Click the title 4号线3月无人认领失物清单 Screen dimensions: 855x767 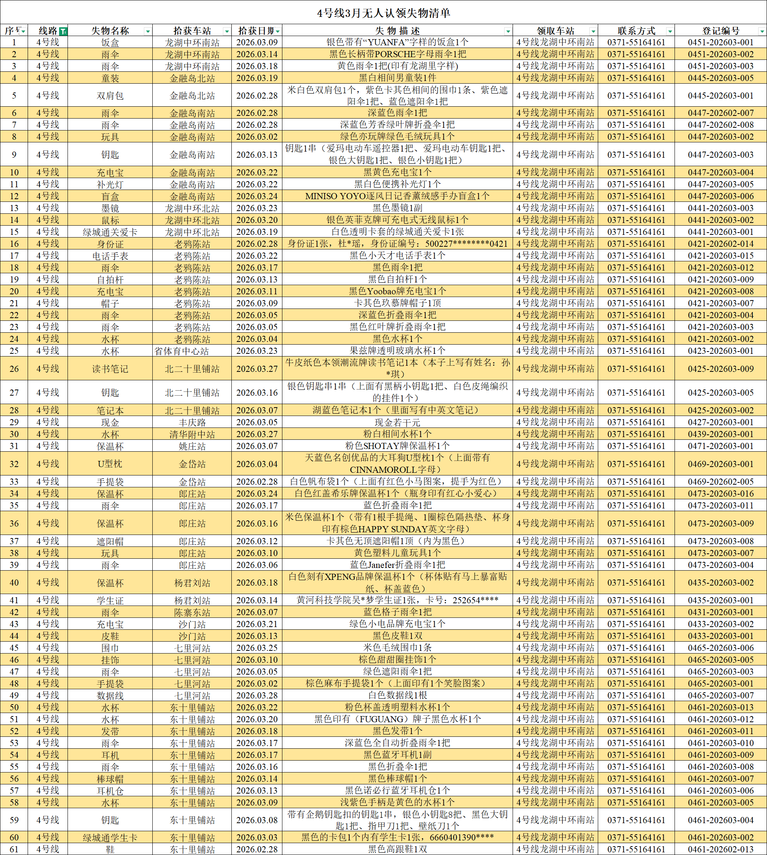384,13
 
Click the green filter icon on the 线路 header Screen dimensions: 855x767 63,31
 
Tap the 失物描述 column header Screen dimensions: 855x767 397,31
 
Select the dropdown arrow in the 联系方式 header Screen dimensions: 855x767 669,31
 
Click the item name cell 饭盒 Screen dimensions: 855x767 110,43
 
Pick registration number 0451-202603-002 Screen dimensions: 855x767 721,54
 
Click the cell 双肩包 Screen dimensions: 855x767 110,96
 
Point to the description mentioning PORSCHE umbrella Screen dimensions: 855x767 397,54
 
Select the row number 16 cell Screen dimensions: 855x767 14,244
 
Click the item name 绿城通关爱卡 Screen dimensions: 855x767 110,232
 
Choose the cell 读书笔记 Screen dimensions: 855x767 110,369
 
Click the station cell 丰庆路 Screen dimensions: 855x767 192,422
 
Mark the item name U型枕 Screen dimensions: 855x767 110,464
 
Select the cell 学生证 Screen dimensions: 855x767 110,601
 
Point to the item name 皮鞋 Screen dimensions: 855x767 110,636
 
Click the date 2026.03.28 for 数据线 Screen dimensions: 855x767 257,696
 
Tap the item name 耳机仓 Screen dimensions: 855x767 110,791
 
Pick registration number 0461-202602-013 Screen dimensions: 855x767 721,849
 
